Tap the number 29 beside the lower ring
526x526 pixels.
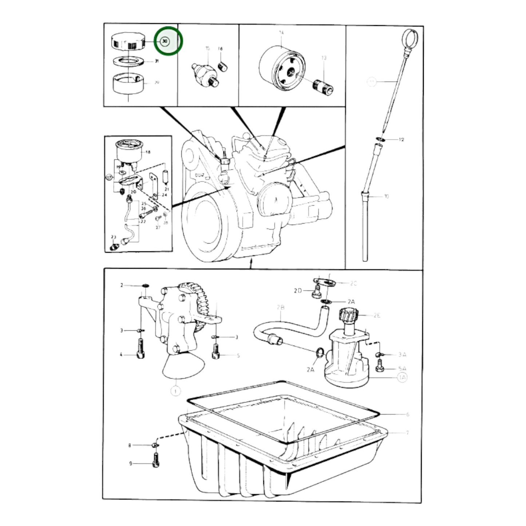coord(157,83)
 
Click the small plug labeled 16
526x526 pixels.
coord(222,67)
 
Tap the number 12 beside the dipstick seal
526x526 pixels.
coord(401,140)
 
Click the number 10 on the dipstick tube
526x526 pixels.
coord(386,197)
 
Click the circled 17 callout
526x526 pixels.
coord(109,178)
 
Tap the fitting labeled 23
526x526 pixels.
coord(114,247)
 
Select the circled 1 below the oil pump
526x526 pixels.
coord(175,391)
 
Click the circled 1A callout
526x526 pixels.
coord(402,378)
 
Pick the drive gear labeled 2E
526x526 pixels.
coord(349,315)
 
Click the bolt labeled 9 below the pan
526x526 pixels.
coord(155,461)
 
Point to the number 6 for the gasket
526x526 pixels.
coord(407,414)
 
